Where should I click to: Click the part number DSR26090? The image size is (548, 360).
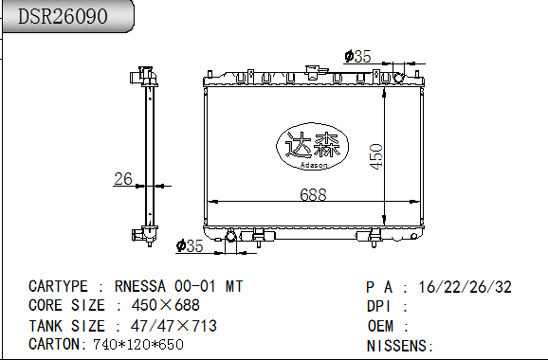click(x=63, y=17)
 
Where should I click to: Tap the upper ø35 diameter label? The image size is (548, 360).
click(x=356, y=57)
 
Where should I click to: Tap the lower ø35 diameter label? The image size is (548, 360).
click(x=191, y=246)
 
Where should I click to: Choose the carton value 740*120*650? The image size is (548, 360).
click(x=137, y=344)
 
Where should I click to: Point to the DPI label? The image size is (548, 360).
click(x=379, y=306)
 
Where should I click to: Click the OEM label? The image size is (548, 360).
click(x=379, y=326)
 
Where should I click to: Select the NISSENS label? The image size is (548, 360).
click(x=395, y=345)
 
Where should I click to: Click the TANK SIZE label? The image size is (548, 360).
click(x=66, y=326)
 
